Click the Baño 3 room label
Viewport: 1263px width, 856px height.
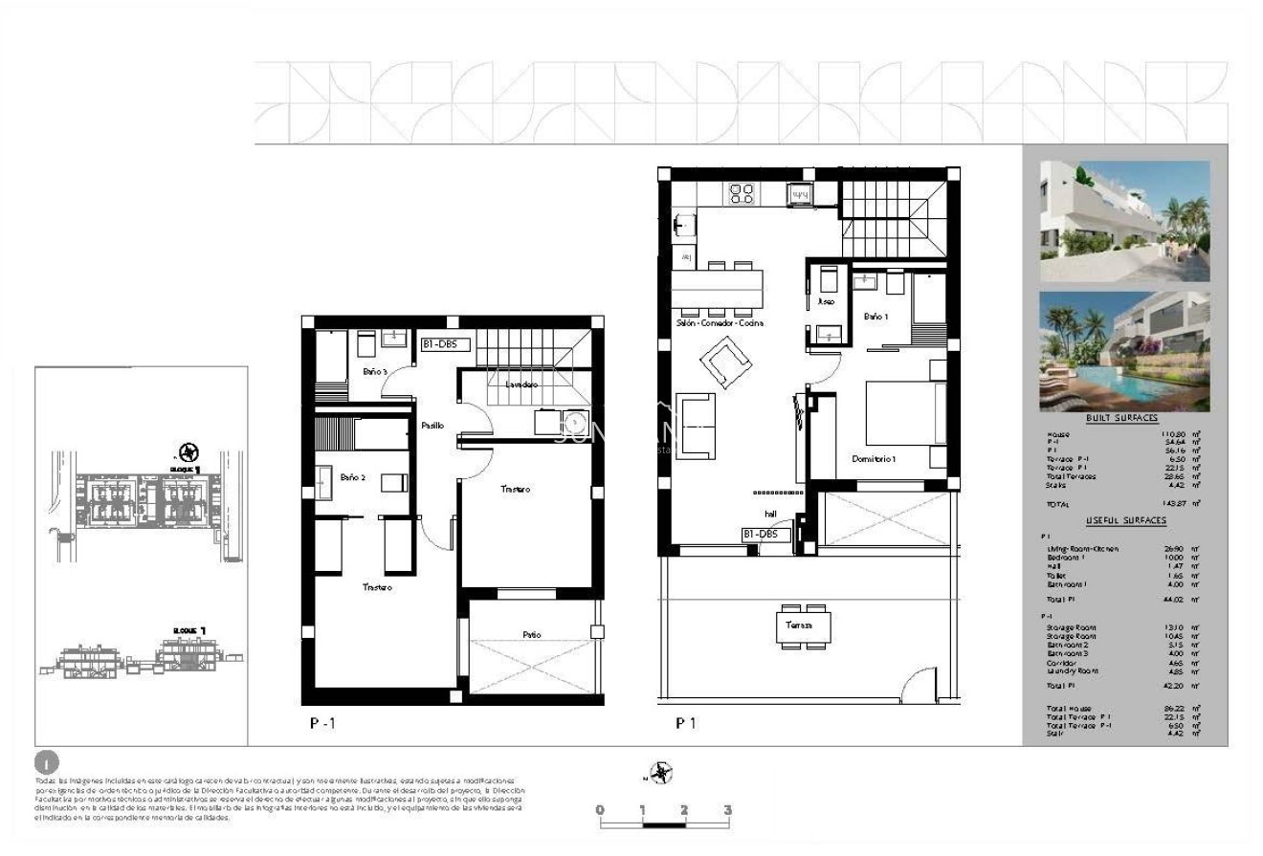pos(375,370)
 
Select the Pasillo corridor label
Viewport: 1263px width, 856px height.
pos(432,426)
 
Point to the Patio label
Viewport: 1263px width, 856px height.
pos(532,633)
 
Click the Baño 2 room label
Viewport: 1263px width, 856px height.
pos(352,476)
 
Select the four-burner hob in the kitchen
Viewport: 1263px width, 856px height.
pos(742,193)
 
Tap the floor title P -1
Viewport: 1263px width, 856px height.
pos(322,724)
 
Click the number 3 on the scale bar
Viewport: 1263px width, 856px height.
pos(728,810)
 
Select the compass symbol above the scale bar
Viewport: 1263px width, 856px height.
pos(660,772)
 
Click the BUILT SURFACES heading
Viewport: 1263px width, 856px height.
pos(1122,418)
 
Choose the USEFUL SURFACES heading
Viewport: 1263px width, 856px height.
pos(1125,520)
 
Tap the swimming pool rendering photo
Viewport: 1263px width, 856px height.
pos(1124,351)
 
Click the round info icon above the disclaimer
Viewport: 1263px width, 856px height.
pos(46,763)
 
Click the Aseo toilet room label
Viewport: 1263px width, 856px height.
pos(826,301)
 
